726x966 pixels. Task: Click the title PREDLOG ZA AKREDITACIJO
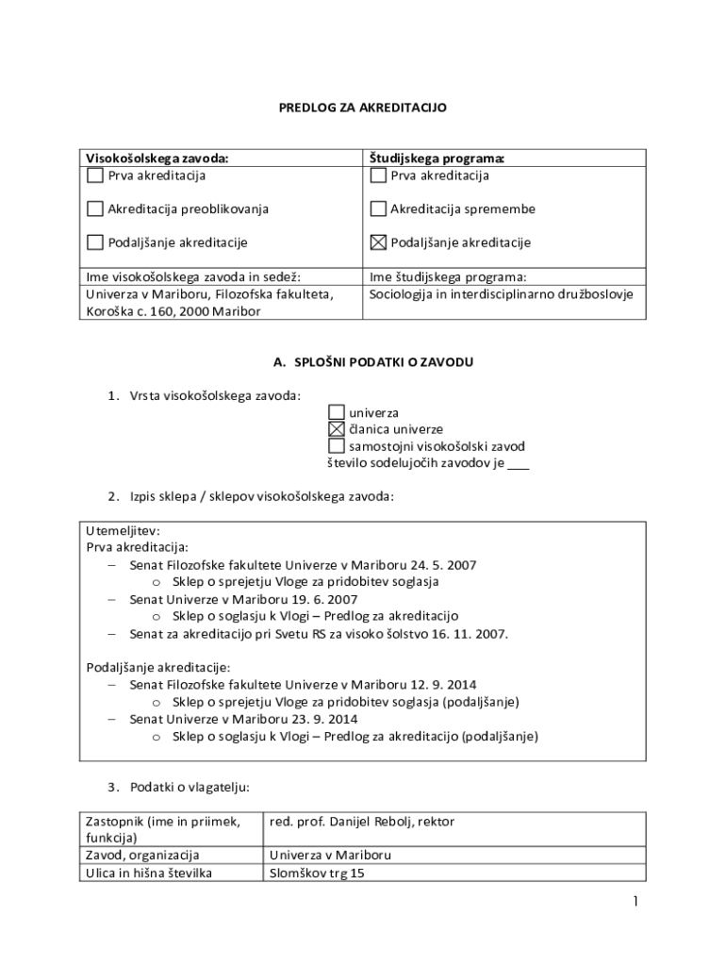(362, 108)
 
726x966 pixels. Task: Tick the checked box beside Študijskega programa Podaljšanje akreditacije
(379, 242)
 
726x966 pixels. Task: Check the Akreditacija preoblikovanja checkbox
(95, 208)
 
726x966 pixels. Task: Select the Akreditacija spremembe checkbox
(379, 208)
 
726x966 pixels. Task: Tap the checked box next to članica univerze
(337, 429)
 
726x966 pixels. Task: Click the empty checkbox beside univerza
(337, 412)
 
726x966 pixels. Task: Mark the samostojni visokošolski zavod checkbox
(337, 445)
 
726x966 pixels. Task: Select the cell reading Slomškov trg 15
(316, 873)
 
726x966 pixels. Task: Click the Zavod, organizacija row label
(141, 856)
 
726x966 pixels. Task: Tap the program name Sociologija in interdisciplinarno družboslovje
(501, 294)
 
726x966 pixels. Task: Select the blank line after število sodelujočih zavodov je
(518, 463)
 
